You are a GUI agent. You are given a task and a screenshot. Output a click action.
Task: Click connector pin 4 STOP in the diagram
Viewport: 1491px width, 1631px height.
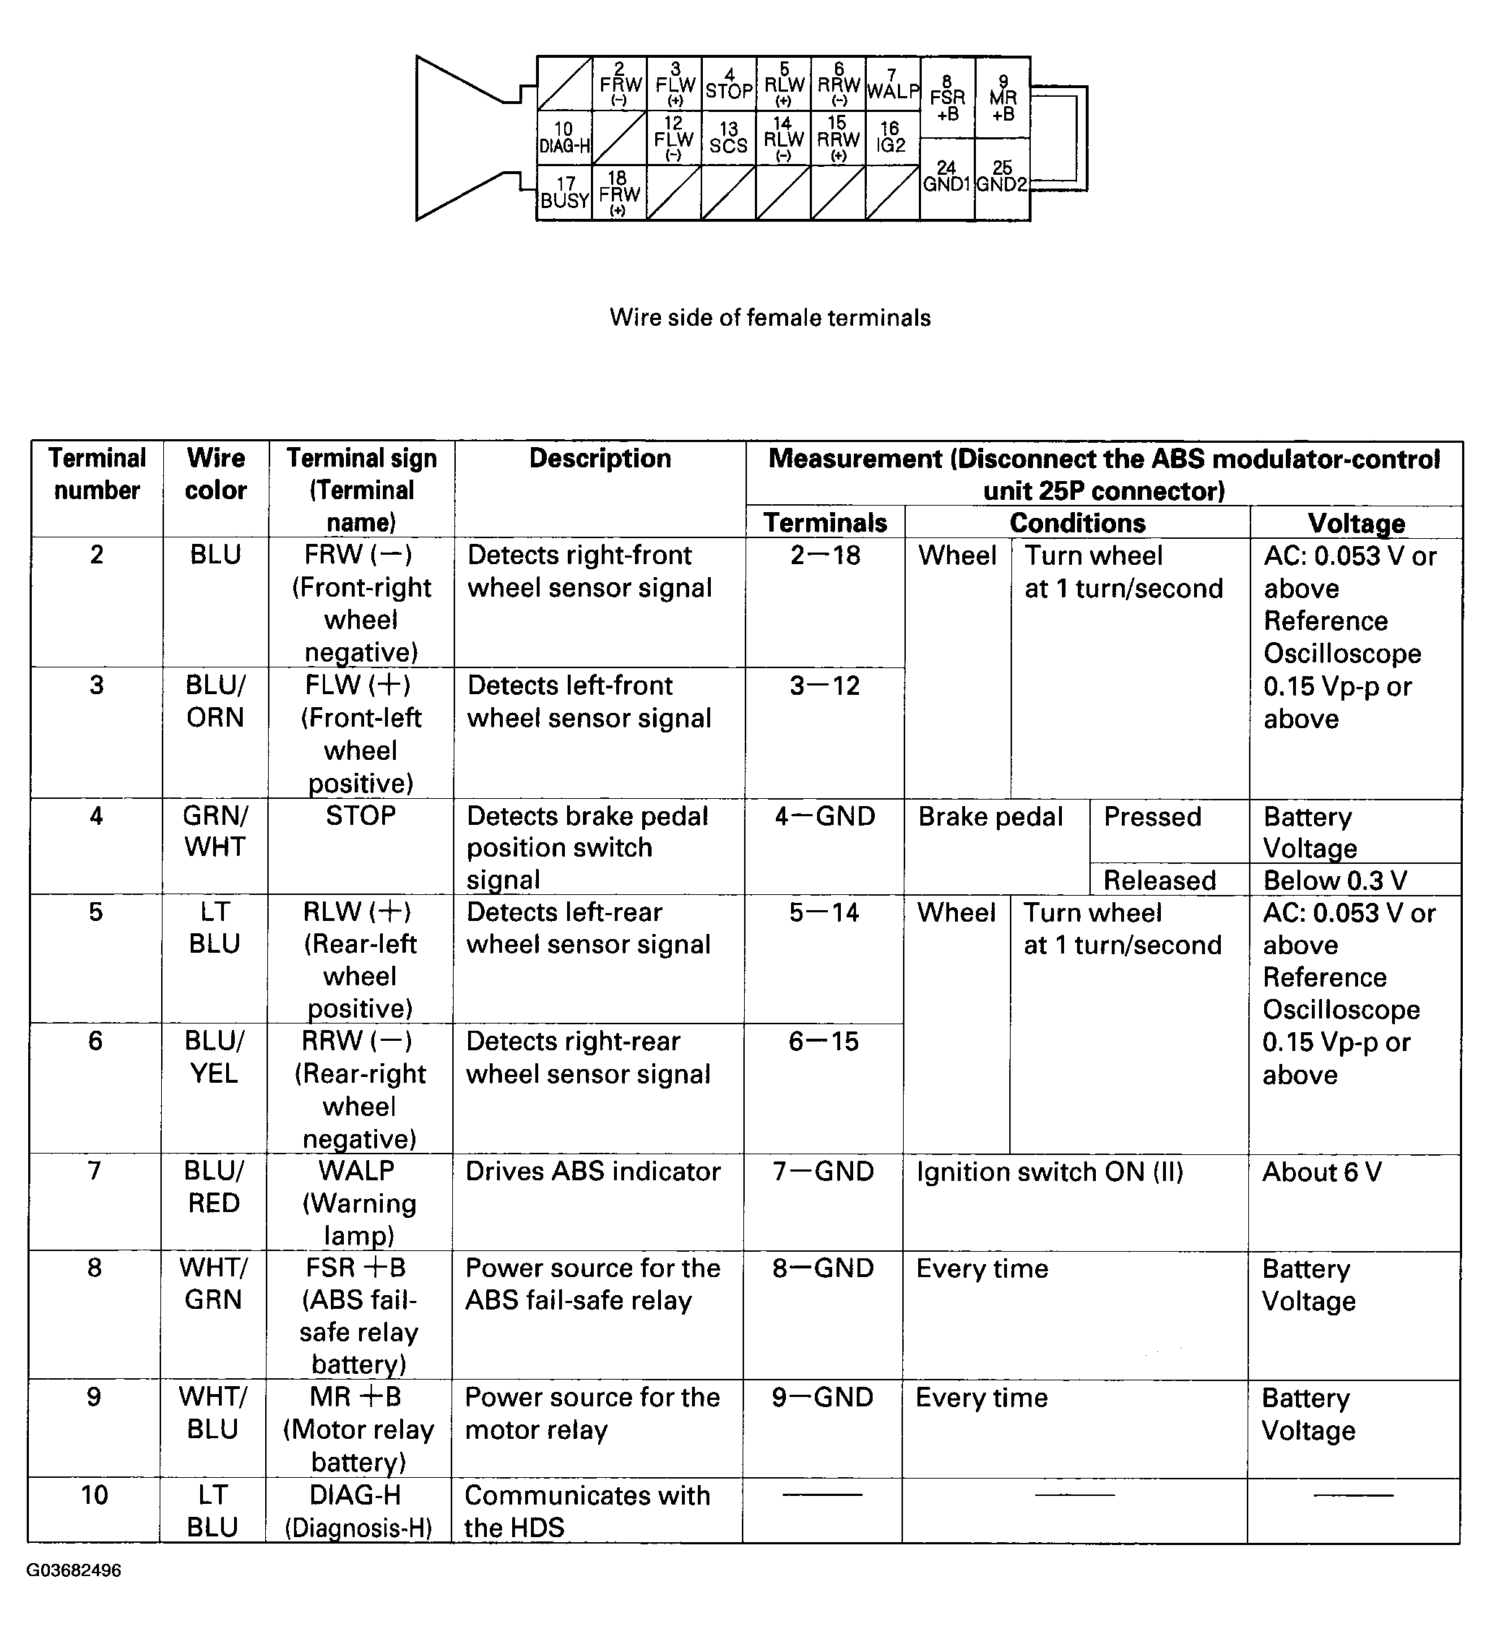729,84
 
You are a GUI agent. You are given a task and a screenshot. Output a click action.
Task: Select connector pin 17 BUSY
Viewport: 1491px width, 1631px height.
565,193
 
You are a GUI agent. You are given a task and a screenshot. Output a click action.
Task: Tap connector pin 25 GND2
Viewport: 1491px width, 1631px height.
1003,177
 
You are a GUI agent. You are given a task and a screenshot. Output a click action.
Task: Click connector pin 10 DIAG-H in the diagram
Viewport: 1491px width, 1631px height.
565,139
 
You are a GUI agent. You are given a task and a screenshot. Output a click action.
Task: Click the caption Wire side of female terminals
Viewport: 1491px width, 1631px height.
769,317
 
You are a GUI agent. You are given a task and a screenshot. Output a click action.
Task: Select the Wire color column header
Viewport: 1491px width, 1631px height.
215,474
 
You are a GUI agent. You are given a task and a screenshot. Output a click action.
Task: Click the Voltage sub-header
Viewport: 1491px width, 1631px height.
1356,523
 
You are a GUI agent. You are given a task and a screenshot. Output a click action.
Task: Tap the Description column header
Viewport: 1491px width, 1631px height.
600,459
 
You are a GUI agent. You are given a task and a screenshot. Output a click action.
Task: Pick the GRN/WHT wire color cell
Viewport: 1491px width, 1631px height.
215,831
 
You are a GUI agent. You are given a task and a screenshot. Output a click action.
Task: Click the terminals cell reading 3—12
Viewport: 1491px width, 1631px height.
824,686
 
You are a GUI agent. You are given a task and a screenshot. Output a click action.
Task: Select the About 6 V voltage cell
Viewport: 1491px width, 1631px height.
1322,1172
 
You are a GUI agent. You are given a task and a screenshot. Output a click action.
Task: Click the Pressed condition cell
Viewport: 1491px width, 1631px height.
1152,817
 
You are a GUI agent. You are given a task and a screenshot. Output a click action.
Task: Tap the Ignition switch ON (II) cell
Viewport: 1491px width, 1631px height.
1050,1172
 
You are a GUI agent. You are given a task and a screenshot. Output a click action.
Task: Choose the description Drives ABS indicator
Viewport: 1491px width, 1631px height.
593,1172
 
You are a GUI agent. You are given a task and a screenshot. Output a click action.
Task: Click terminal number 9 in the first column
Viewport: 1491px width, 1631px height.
95,1397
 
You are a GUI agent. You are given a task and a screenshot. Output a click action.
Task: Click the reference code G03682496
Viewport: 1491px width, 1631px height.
74,1570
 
